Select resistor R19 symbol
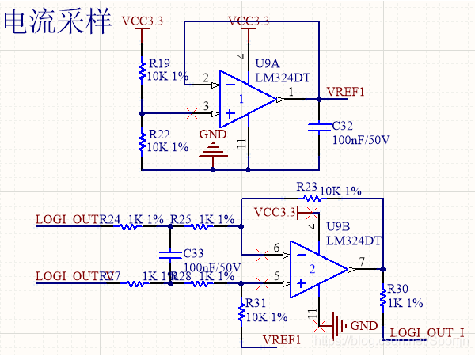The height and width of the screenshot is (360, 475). coord(141,71)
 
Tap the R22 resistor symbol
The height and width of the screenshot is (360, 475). coord(141,141)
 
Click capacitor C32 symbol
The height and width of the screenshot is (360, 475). coord(318,126)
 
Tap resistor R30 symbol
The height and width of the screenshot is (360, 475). coord(383,298)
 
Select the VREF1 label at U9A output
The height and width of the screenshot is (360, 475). coord(346,92)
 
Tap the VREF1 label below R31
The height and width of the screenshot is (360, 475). coord(283,339)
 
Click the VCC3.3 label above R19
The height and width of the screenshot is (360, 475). coord(143,21)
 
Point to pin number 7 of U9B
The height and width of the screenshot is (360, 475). coord(361,261)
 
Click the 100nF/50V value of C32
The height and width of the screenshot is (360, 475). coord(361,139)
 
